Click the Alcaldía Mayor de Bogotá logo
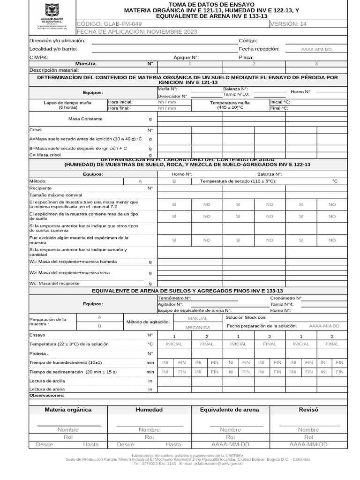52,16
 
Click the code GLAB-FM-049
109,24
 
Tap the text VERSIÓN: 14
289,24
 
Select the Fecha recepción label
259,49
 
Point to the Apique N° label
186,57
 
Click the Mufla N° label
167,89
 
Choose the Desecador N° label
172,96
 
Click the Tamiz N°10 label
236,94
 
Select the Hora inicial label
120,102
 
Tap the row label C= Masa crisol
45,155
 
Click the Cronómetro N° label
286,298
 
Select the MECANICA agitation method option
197,328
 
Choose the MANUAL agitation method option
197,318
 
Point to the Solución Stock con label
246,317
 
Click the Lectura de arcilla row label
47,381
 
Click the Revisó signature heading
308,409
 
